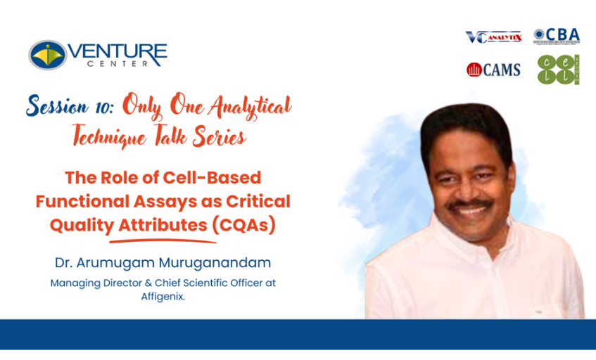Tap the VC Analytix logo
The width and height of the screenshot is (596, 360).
[493, 36]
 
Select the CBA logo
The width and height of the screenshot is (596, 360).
[556, 35]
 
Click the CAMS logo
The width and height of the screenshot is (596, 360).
[493, 69]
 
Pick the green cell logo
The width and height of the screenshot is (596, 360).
[558, 70]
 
